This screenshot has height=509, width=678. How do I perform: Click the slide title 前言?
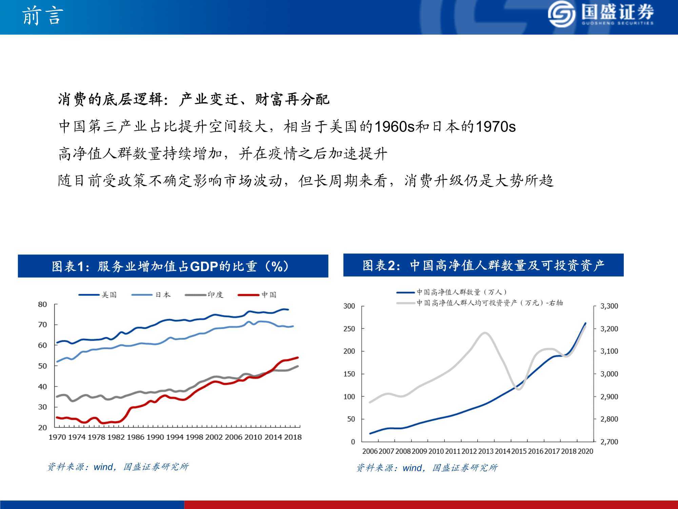pos(42,16)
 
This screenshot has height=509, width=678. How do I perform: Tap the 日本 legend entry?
pos(151,295)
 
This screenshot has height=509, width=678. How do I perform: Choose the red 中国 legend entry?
pos(257,295)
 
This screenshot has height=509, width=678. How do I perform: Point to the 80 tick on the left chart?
pos(42,304)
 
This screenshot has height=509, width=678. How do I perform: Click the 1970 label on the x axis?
pos(57,437)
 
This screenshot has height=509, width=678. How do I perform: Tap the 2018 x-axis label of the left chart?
pos(293,437)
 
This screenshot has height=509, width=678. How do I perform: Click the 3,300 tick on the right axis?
pos(609,306)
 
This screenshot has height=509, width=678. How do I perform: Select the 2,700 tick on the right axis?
pos(609,442)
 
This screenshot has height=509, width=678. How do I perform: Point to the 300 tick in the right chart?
pos(349,306)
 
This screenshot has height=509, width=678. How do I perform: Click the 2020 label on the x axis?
pos(585,451)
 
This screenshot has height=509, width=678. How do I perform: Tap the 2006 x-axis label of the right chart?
pos(370,451)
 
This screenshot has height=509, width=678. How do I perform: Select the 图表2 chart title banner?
pos(483,265)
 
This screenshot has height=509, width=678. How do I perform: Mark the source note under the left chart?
pos(118,467)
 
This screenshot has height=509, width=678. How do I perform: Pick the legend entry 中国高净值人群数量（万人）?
pos(452,292)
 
